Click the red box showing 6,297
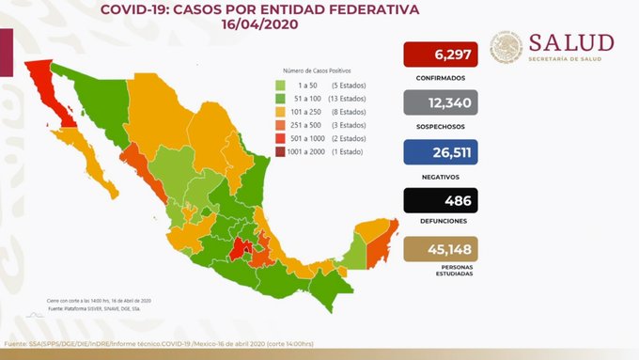[x=441, y=55]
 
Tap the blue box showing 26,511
[x=441, y=152]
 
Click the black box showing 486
[x=441, y=200]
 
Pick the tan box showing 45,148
[x=441, y=248]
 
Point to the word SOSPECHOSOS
[x=441, y=126]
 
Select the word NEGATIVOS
[x=441, y=175]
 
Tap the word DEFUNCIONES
[x=441, y=224]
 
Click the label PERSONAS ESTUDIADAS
[x=441, y=274]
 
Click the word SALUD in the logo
[x=570, y=42]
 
